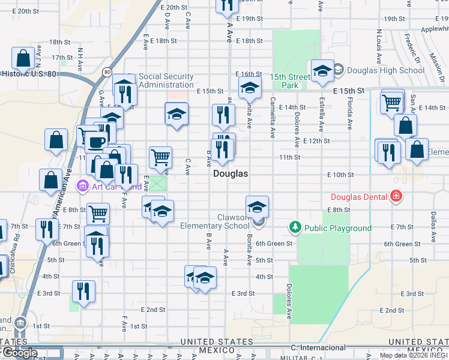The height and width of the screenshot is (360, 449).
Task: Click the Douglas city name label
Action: coord(231,173)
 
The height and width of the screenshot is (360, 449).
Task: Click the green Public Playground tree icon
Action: coord(295,227)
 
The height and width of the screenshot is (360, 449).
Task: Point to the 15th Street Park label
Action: coord(284,81)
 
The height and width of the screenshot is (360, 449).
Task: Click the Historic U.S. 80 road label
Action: coord(29,74)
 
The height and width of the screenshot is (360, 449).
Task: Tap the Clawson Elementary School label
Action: coord(214,221)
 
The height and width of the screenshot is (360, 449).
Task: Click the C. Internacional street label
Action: coord(318,347)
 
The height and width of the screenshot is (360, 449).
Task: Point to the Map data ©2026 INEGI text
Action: coord(414,355)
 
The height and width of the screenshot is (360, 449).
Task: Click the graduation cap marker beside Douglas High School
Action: coord(322,72)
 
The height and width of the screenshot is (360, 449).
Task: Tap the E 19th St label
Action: coord(249,19)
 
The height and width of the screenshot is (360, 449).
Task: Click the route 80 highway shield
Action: coord(107,73)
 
